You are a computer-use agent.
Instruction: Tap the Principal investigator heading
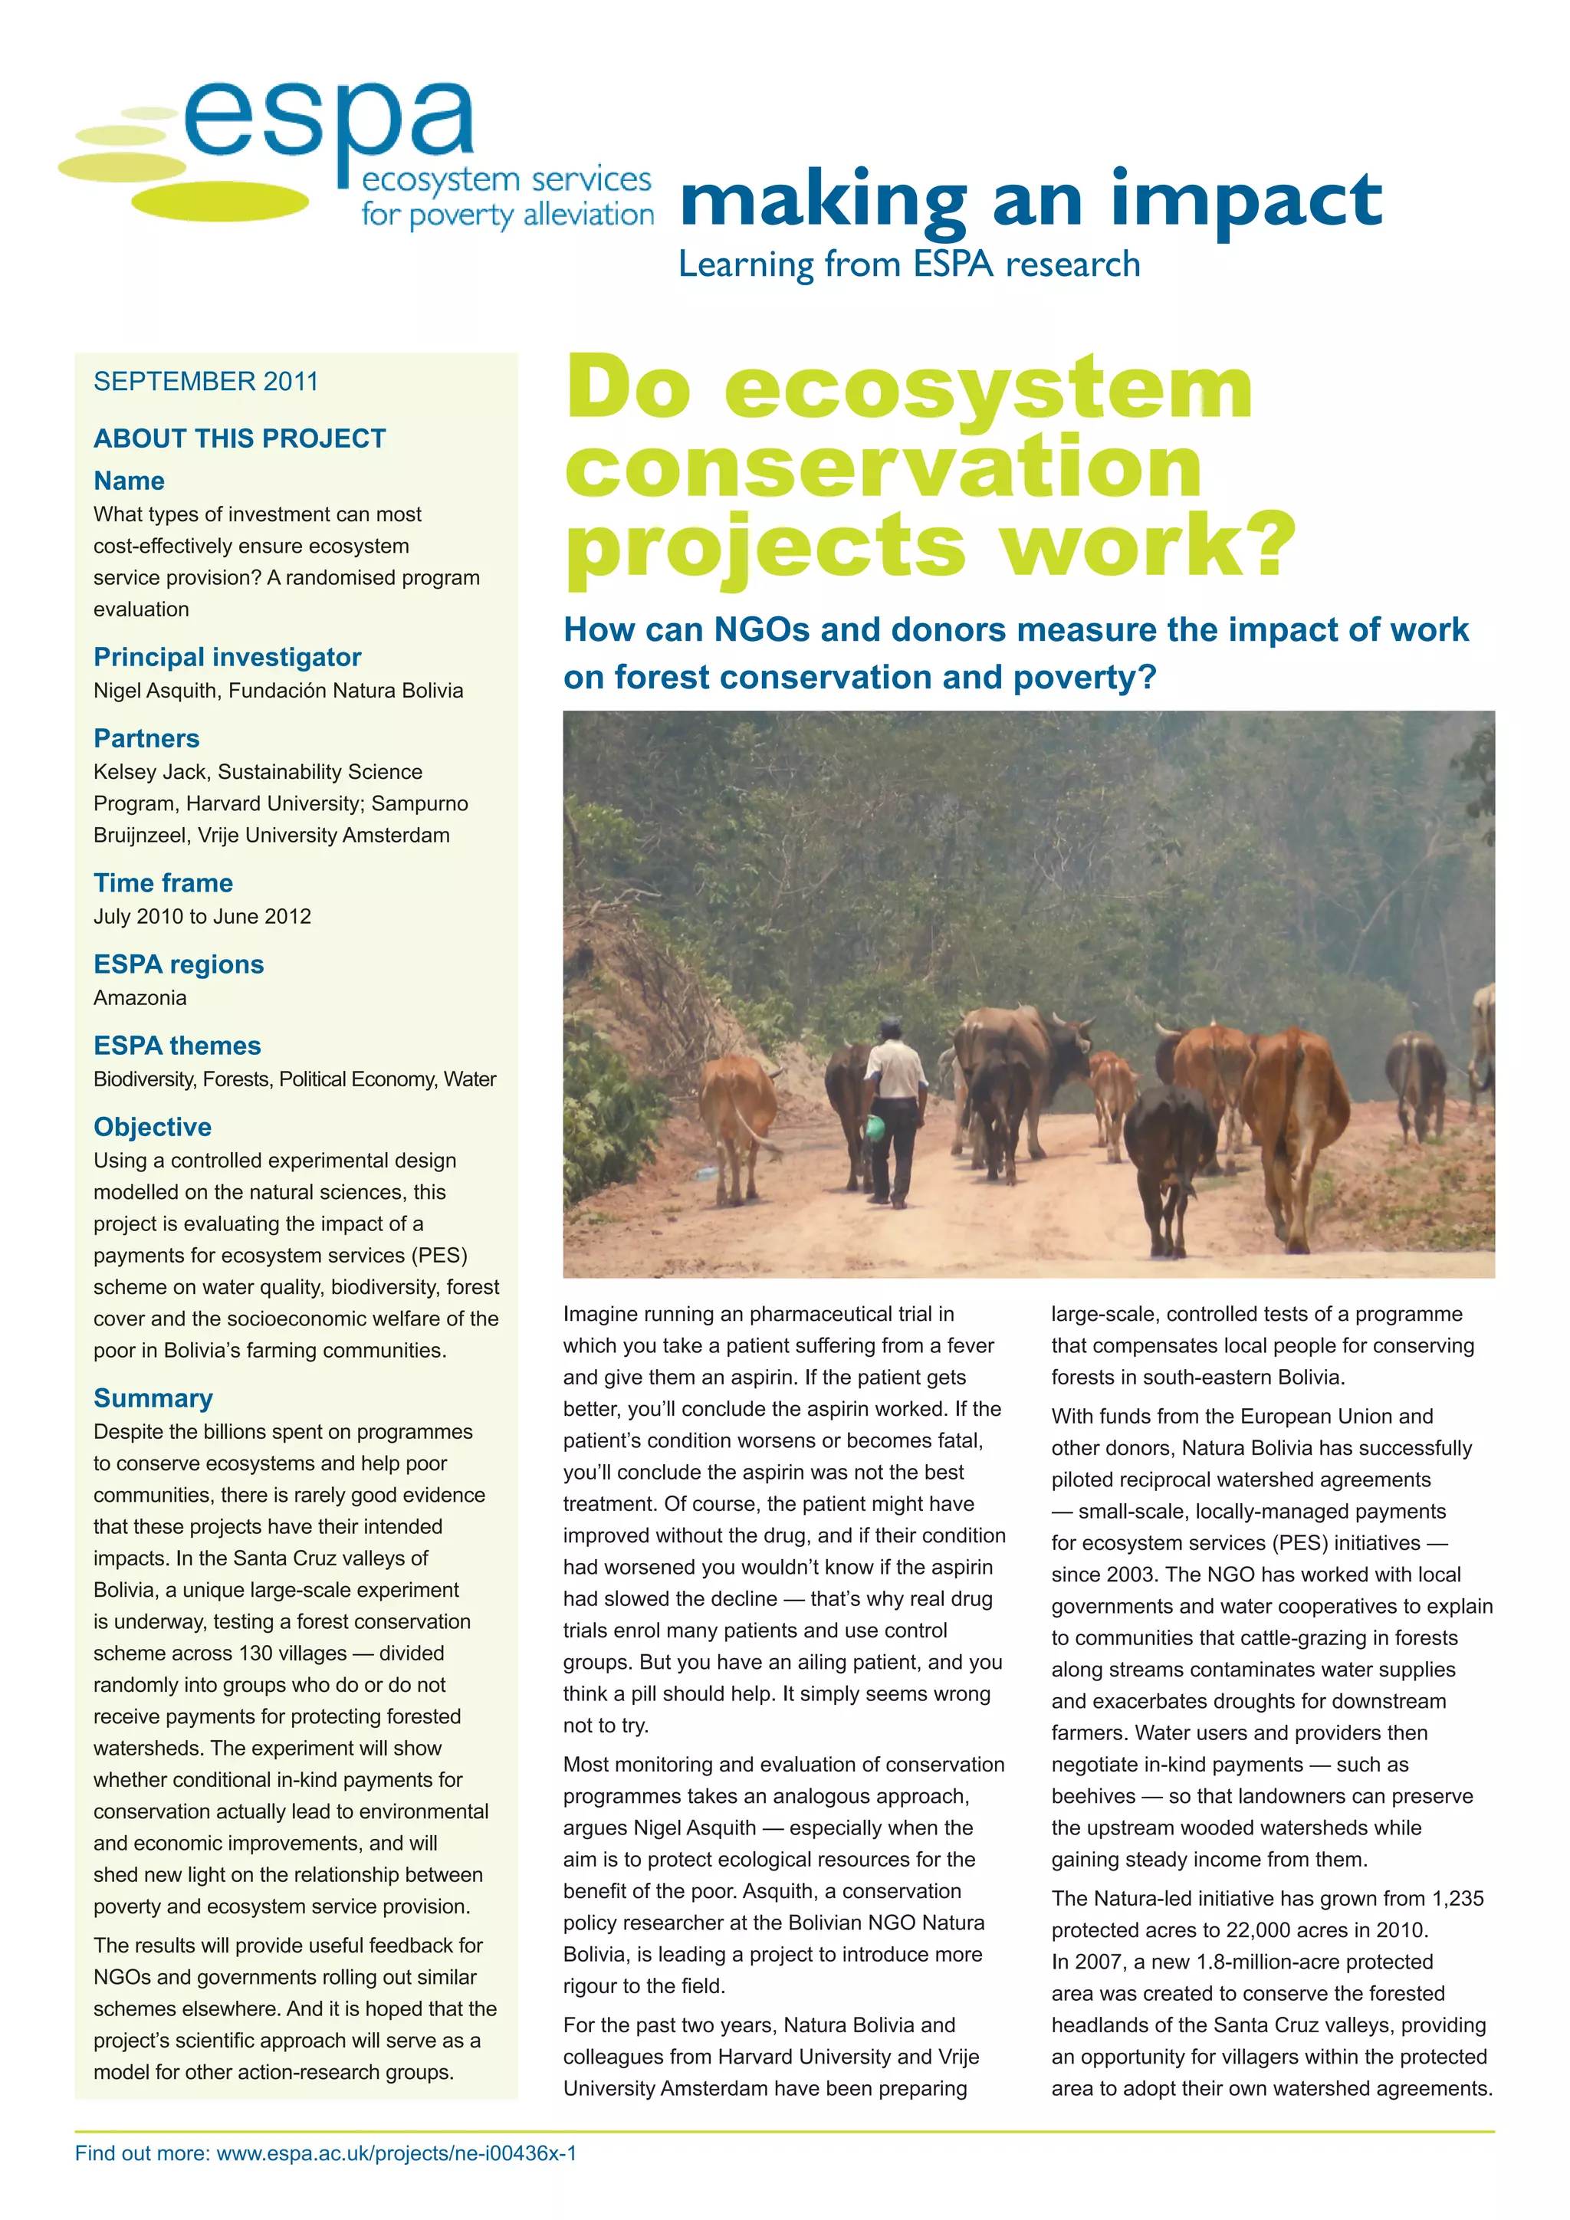click(227, 658)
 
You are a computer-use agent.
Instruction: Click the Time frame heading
click(163, 883)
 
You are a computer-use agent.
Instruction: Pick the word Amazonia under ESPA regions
click(140, 998)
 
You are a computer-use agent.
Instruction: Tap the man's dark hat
click(889, 1027)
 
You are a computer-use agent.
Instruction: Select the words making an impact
click(1030, 201)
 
